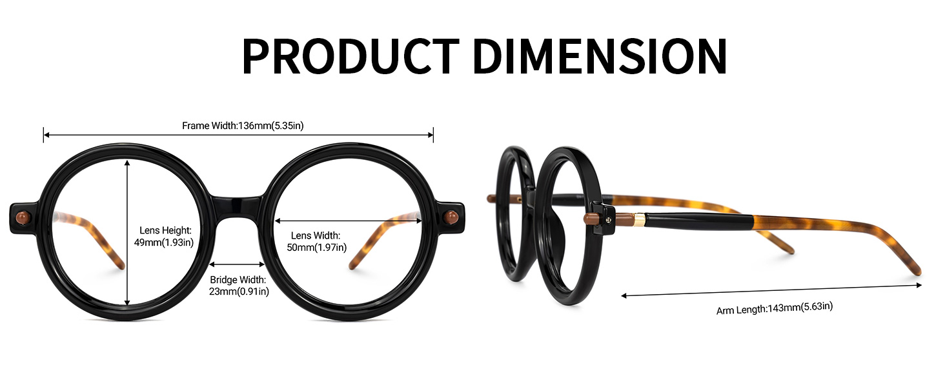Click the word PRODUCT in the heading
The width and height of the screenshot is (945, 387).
pos(349,57)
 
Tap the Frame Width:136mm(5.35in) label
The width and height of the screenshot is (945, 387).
pos(243,126)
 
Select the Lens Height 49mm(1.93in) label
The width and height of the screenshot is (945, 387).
pos(165,236)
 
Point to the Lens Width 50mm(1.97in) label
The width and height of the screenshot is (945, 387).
pos(316,241)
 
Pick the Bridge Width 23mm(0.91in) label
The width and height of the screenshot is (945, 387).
pos(238,285)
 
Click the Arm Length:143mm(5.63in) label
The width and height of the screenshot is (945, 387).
pos(774,308)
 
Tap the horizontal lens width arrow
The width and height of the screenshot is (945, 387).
pos(349,220)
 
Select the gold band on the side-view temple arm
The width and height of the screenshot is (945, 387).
pos(638,220)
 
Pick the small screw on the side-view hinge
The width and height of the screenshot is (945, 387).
pos(607,219)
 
